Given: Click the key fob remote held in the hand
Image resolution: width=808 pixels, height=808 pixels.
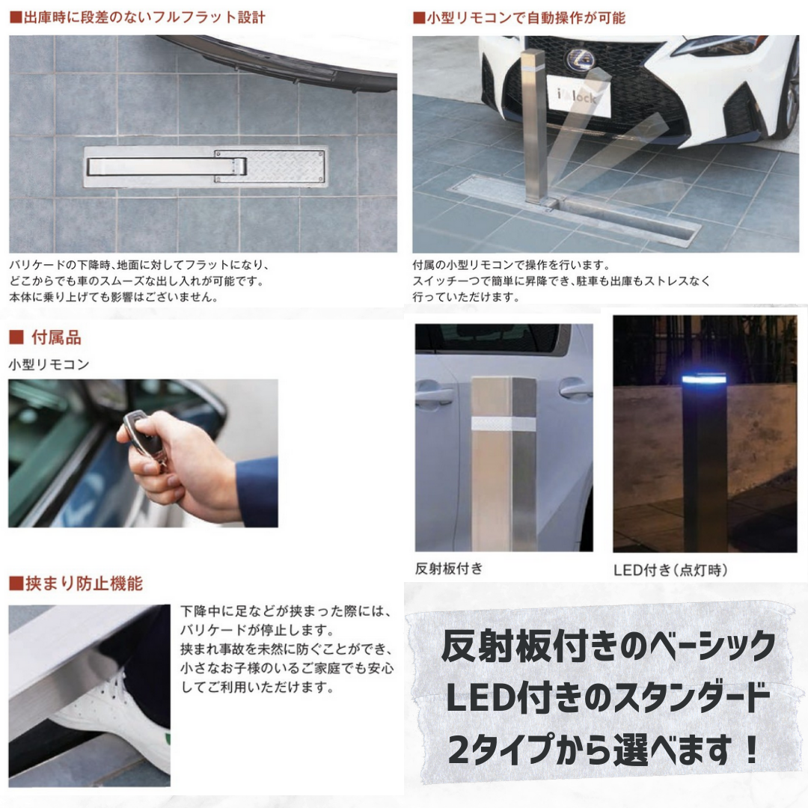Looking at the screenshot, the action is [x=143, y=435].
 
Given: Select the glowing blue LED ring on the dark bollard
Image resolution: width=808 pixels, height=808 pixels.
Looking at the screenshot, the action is [x=705, y=379].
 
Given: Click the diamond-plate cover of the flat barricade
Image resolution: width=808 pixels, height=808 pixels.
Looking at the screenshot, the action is [x=270, y=166].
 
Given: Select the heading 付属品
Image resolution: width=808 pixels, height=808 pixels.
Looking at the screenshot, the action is [x=56, y=337].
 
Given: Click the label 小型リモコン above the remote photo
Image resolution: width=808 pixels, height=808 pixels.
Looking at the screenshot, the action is [x=49, y=364].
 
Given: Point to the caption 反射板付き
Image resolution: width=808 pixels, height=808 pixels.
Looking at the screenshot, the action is [x=449, y=569].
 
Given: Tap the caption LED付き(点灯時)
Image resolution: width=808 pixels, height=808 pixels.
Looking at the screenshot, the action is [x=670, y=570].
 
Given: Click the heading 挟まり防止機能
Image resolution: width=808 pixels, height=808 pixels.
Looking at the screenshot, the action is [x=76, y=584].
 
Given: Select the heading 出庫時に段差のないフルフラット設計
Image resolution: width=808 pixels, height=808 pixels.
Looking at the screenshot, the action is [x=138, y=17].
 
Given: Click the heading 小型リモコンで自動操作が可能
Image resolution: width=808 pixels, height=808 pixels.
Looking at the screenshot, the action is [x=519, y=18].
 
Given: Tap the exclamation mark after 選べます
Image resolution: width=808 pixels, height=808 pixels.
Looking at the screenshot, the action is [x=752, y=750].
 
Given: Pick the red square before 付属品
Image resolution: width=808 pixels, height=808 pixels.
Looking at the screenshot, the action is [x=16, y=337].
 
